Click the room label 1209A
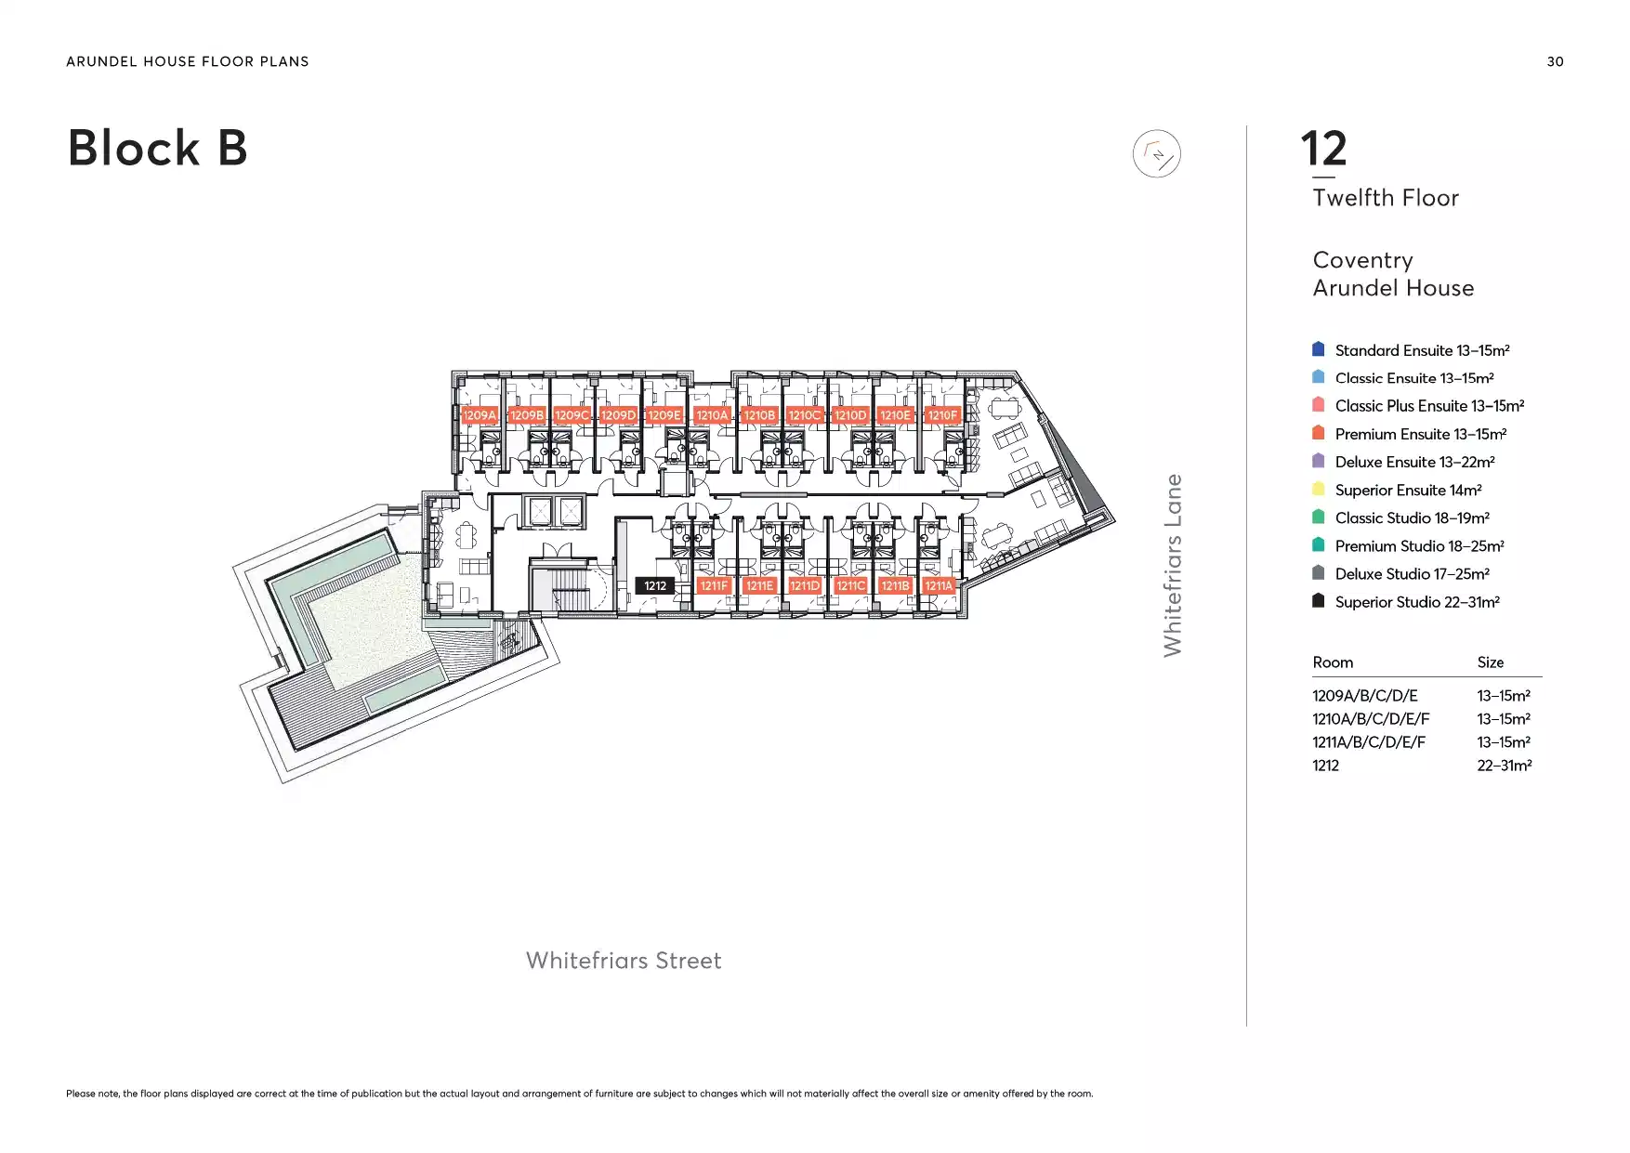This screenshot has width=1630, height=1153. coord(480,415)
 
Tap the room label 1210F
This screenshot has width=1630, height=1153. coord(942,415)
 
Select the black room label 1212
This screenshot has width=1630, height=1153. coord(655,586)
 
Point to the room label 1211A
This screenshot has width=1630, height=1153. coord(939,586)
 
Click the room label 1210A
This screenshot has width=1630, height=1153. coord(712,415)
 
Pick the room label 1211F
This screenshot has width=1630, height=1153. coord(714,586)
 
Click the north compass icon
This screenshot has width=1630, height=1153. coord(1156,154)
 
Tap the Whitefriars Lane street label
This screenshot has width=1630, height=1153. coord(1173,565)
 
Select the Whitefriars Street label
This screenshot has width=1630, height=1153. coord(624,961)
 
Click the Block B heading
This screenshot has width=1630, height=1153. coord(158,148)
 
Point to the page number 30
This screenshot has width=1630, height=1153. coord(1555,61)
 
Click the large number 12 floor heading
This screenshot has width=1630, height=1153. coord(1323,149)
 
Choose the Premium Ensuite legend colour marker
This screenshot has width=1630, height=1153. coord(1318,433)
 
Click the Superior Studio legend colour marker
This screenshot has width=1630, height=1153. coord(1318,601)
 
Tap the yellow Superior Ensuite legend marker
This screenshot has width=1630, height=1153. coord(1318,489)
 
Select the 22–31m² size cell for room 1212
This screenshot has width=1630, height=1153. coord(1504,766)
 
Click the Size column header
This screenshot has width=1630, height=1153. coord(1491,662)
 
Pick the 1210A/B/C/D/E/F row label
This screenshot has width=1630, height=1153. coord(1371,719)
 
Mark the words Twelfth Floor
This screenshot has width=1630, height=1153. coord(1386,198)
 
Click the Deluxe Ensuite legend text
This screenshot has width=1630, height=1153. coord(1414,462)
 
